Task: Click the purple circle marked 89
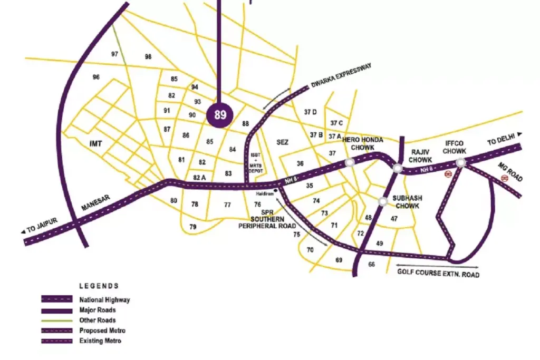pyautogui.click(x=220, y=115)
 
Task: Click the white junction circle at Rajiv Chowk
pyautogui.click(x=397, y=169)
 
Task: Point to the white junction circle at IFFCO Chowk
pyautogui.click(x=461, y=163)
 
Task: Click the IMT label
pyautogui.click(x=95, y=143)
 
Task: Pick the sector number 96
pyautogui.click(x=96, y=77)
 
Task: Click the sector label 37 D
pyautogui.click(x=311, y=112)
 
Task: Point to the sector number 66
pyautogui.click(x=372, y=264)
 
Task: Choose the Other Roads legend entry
pyautogui.click(x=98, y=320)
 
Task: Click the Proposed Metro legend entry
pyautogui.click(x=102, y=330)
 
